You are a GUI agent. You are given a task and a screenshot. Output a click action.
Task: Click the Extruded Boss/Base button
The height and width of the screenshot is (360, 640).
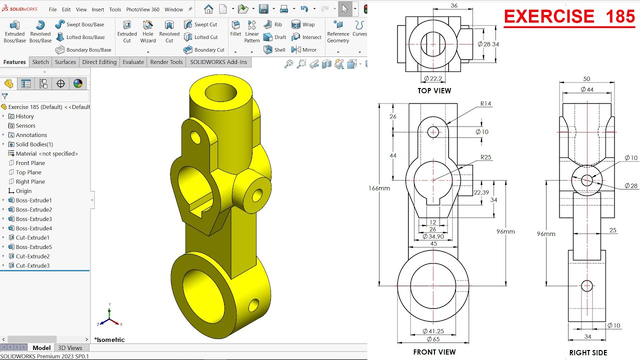(x=14, y=31)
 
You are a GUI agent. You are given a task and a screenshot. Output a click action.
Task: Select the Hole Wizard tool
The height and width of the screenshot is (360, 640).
(x=148, y=31)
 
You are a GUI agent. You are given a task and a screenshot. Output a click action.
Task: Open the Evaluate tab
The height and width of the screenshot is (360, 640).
(x=133, y=62)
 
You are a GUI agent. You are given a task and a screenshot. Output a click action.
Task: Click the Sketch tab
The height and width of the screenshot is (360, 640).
(x=40, y=62)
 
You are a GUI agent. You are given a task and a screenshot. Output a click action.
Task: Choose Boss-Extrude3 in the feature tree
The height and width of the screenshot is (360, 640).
(x=33, y=219)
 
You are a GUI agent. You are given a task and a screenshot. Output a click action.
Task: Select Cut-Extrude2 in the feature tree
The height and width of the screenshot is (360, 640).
(x=32, y=256)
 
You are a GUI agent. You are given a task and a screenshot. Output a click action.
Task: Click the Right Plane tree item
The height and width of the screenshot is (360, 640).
(x=30, y=181)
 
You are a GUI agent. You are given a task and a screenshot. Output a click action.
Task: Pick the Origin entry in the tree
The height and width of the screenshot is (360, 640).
(x=23, y=191)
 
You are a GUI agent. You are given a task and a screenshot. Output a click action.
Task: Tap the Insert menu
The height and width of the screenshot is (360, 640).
(x=98, y=9)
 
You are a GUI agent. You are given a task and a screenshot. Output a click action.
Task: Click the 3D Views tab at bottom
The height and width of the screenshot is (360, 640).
(x=70, y=348)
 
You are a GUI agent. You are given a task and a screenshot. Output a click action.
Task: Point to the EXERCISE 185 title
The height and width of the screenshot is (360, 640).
(x=569, y=16)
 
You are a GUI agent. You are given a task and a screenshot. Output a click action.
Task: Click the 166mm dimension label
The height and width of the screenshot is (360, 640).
(x=379, y=188)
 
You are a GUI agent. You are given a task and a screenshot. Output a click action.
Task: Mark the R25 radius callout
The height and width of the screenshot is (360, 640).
(x=485, y=157)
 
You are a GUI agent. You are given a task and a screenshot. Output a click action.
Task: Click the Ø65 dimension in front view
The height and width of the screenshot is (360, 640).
(x=433, y=339)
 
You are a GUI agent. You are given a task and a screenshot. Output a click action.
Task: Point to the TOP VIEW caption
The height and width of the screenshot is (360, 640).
(x=434, y=91)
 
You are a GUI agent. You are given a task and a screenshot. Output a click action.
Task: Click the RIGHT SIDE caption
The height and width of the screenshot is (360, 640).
(x=588, y=352)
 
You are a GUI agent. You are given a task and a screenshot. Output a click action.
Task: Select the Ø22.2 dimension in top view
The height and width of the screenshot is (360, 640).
(x=433, y=78)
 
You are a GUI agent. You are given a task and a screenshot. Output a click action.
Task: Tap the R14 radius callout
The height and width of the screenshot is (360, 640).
(x=485, y=104)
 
